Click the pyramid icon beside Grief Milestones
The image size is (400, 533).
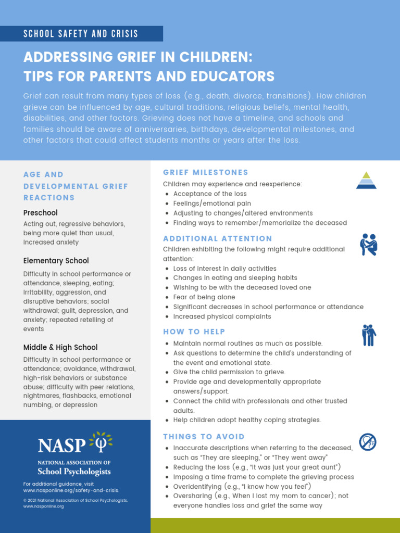click(366, 180)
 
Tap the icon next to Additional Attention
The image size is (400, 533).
click(368, 245)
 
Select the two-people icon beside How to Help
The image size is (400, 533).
click(369, 335)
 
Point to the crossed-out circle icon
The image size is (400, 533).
click(368, 442)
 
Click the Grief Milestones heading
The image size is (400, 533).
click(206, 172)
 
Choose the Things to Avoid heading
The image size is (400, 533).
click(204, 437)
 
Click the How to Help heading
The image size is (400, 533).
click(194, 332)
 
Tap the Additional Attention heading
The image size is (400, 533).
click(218, 238)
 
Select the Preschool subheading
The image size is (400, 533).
click(41, 213)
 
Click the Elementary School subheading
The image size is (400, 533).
click(56, 261)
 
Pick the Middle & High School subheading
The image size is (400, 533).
click(60, 347)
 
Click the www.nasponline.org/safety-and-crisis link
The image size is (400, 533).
click(71, 490)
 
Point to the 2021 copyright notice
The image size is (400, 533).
click(76, 500)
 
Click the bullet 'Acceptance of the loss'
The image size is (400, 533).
click(210, 194)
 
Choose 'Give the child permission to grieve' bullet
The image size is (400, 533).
click(229, 372)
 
